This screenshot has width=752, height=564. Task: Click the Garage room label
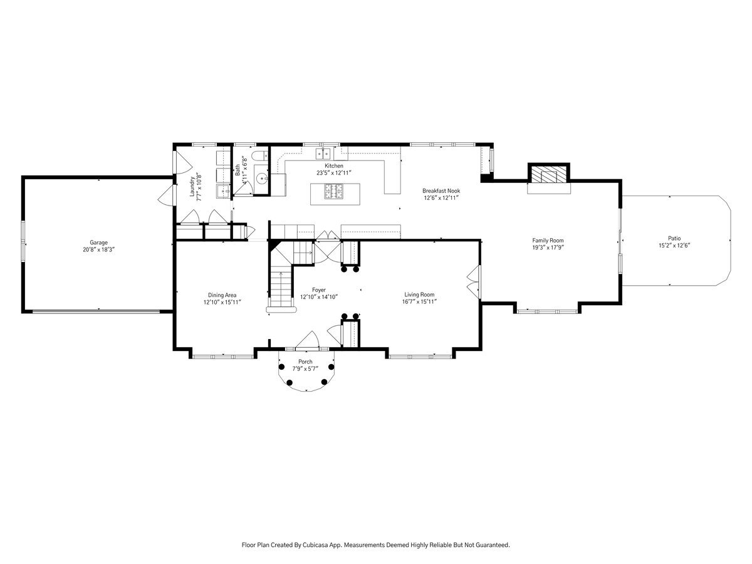(x=98, y=243)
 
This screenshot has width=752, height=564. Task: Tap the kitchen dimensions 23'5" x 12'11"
(x=334, y=173)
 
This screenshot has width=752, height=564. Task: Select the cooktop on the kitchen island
(x=334, y=191)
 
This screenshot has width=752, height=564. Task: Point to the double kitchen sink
(x=323, y=154)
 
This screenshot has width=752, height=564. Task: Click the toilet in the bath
(x=260, y=156)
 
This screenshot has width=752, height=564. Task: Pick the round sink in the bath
(x=263, y=178)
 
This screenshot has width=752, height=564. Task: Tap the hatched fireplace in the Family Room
(x=549, y=174)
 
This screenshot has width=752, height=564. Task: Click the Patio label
(x=674, y=238)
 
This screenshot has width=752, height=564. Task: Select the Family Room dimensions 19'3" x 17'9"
(x=548, y=248)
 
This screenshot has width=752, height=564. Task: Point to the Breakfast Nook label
(x=441, y=191)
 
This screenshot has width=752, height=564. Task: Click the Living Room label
(x=419, y=295)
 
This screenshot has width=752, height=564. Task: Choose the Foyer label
(x=319, y=290)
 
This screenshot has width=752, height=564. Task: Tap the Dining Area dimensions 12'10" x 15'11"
(x=222, y=302)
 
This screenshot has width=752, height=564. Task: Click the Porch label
(x=305, y=362)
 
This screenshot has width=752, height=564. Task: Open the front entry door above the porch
(x=307, y=341)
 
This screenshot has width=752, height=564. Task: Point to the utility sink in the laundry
(x=223, y=191)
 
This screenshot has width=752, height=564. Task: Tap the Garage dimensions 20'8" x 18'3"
(x=98, y=249)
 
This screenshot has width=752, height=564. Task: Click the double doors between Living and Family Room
(x=474, y=282)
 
